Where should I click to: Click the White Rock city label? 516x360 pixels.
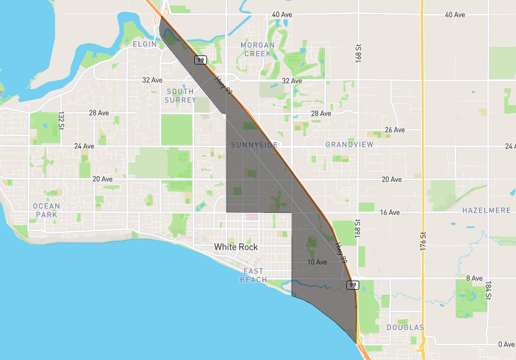point(236,247)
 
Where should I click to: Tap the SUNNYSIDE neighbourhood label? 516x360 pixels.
point(255,145)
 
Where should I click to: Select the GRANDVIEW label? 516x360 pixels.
point(349,145)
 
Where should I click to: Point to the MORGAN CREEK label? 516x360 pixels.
point(257,49)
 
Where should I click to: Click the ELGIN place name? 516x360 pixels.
point(144,44)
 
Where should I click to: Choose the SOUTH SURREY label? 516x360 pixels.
point(180,95)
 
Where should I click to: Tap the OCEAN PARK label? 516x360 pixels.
point(46,210)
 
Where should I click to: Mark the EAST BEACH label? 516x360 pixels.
point(253,275)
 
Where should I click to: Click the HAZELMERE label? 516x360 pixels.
point(486,210)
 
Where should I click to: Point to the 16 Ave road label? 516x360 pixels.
point(390,212)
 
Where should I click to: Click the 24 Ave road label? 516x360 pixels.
point(84,146)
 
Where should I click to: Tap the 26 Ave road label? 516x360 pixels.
point(395,130)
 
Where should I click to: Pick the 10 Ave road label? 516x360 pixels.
point(317,262)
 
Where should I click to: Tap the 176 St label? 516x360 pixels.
point(423,242)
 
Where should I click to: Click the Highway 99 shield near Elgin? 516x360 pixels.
point(201,60)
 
